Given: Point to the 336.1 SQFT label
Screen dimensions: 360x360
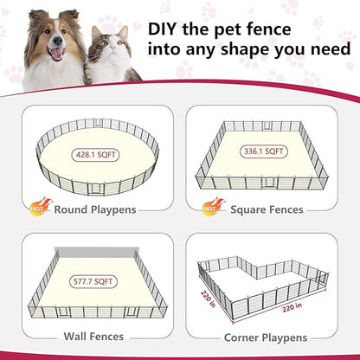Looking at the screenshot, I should pos(263,151).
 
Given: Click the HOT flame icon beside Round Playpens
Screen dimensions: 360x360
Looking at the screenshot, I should pos(40,206).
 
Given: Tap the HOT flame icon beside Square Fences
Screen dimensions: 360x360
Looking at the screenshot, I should pos(212,206).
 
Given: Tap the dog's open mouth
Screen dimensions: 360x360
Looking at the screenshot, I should pos(58,54).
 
